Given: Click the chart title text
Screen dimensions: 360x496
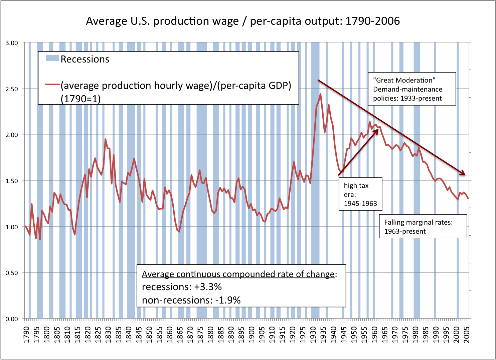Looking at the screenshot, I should [243, 21].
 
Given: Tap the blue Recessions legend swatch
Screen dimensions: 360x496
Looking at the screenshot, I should [52, 58].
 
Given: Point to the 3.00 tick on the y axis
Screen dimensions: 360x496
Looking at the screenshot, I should [12, 43].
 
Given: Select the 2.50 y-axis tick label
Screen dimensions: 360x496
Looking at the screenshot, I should [12, 89].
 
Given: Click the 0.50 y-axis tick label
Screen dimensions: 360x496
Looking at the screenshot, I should [12, 273].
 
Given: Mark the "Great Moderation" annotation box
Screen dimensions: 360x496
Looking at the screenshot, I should [412, 89].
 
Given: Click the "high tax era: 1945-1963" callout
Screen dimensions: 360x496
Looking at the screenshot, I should [360, 194].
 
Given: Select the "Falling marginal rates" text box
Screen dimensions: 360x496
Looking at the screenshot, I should [423, 227].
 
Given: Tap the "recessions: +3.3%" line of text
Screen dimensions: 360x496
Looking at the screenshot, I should [182, 287].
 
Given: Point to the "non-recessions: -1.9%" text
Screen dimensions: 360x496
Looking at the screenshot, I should [191, 300].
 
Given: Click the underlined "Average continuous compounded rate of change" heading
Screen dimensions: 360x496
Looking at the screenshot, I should [238, 274].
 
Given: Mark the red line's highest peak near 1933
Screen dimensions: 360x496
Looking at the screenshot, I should [320, 94].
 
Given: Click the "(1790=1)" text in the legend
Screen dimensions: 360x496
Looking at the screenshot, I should [80, 99].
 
